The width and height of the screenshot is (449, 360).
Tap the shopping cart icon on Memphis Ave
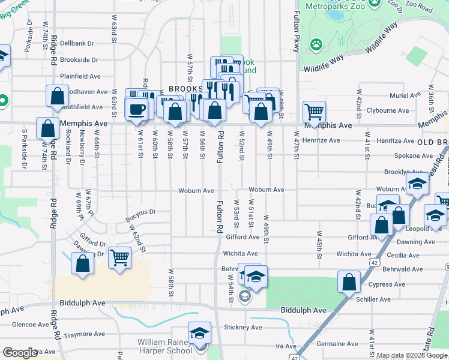pyautogui.click(x=315, y=111)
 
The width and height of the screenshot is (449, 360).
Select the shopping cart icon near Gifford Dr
pyautogui.click(x=120, y=258)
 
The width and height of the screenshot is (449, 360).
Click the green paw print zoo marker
pyautogui.click(x=316, y=44)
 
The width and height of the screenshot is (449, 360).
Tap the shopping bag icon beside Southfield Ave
pyautogui.click(x=57, y=96)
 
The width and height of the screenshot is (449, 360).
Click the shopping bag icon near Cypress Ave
pyautogui.click(x=349, y=282)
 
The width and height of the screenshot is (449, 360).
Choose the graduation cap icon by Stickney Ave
pyautogui.click(x=199, y=333)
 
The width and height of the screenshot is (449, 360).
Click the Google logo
pyautogui.click(x=20, y=353)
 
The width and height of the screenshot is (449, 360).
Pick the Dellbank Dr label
pyautogui.click(x=77, y=43)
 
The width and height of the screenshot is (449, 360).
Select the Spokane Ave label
pyautogui.click(x=393, y=155)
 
